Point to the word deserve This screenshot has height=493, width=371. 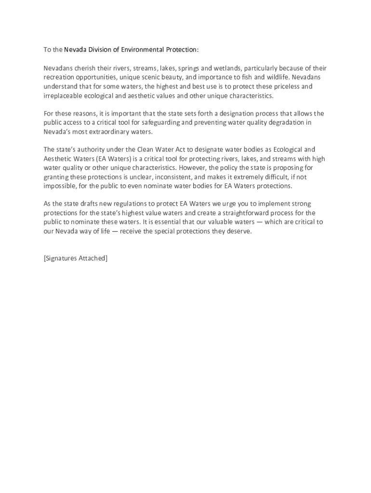coord(238,231)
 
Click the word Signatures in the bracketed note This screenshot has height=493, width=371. coord(61,258)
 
